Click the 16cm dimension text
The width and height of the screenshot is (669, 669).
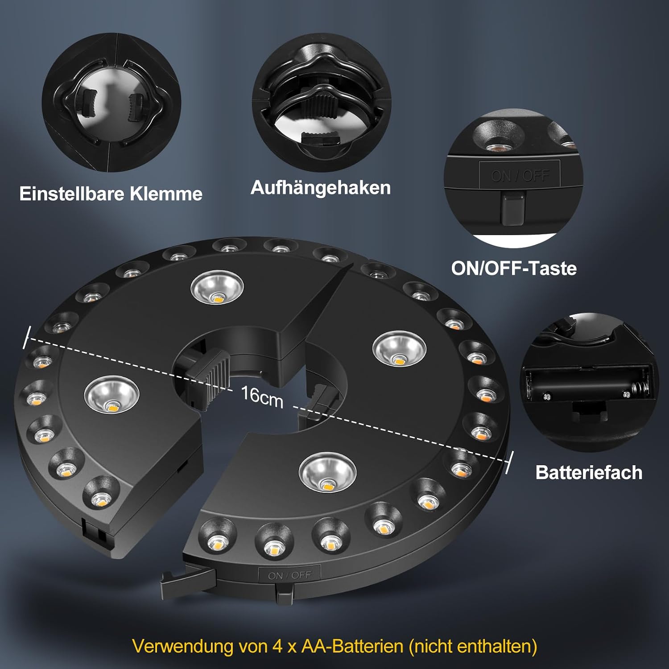click(x=262, y=396)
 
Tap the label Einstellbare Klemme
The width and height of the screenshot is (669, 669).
click(x=111, y=194)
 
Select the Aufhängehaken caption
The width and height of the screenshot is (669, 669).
click(x=321, y=187)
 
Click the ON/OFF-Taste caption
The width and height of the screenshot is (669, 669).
click(x=514, y=268)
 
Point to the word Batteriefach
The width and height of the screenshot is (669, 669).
click(x=589, y=472)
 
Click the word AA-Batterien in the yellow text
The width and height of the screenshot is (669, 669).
click(x=352, y=646)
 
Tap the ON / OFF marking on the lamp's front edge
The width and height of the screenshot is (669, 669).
click(x=289, y=575)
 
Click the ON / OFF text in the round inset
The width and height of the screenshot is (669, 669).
click(x=520, y=176)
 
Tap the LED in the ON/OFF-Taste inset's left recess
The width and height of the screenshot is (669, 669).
click(x=495, y=146)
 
